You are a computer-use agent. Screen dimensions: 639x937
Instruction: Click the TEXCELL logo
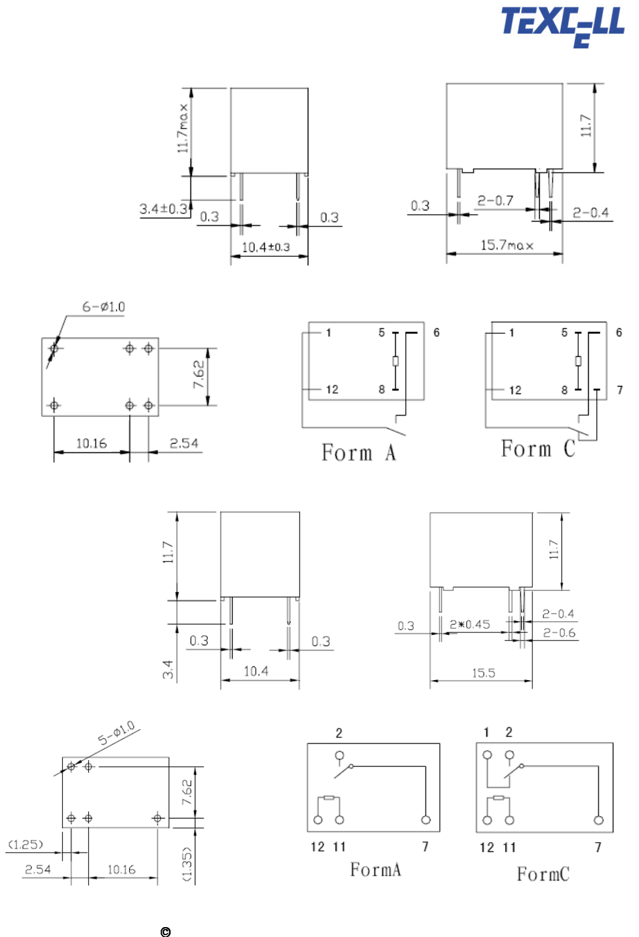(563, 26)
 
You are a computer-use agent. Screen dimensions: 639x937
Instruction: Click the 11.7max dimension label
(183, 128)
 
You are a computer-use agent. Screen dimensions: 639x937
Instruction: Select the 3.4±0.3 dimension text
(163, 208)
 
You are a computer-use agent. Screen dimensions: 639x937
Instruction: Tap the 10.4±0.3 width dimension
(266, 247)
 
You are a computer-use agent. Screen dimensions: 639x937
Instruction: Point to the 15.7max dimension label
(507, 244)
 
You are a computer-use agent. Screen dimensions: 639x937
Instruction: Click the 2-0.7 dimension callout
(495, 201)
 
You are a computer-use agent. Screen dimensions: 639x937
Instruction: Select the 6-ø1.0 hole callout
(104, 307)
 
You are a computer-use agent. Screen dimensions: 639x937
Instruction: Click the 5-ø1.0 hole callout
(116, 733)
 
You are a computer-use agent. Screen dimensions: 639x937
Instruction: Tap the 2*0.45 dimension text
(470, 624)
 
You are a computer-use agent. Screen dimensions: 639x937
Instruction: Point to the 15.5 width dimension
(484, 673)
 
